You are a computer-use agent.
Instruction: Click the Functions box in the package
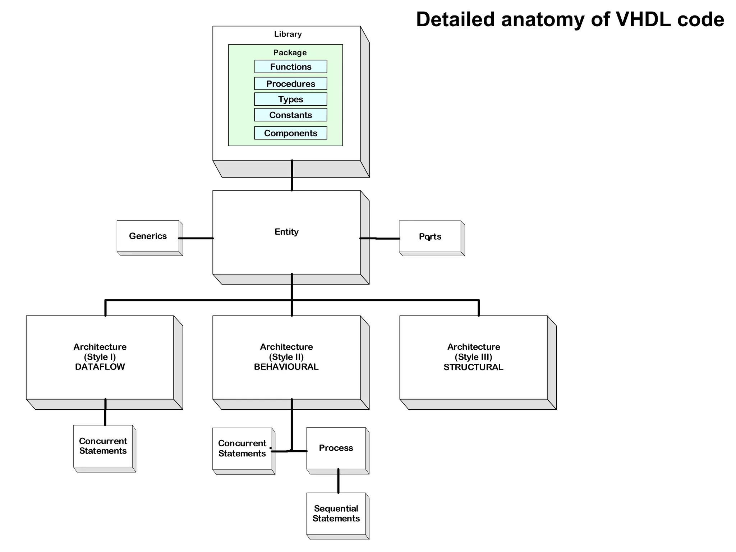click(x=291, y=67)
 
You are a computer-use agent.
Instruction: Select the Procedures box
click(x=291, y=84)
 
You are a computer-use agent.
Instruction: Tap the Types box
click(x=291, y=99)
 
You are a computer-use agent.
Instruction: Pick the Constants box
click(x=291, y=115)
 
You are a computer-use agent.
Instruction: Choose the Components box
click(x=291, y=133)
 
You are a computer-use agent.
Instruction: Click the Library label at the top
click(x=288, y=34)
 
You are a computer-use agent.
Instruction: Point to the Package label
click(x=290, y=52)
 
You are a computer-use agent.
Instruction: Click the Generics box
click(x=148, y=236)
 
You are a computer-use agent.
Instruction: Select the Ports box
click(x=430, y=236)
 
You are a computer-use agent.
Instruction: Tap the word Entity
click(x=286, y=232)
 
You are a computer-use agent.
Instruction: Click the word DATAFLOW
click(x=100, y=367)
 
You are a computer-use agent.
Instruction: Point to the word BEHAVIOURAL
click(x=286, y=367)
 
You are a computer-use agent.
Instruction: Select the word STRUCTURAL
click(x=473, y=367)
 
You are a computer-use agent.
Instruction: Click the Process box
click(x=336, y=448)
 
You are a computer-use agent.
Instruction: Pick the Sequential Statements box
click(x=336, y=514)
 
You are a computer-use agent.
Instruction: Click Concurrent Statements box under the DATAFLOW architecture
click(x=103, y=446)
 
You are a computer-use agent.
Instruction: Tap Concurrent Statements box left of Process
click(x=242, y=448)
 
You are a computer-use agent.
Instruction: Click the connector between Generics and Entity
click(x=196, y=238)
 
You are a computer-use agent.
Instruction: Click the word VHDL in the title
click(x=643, y=19)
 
